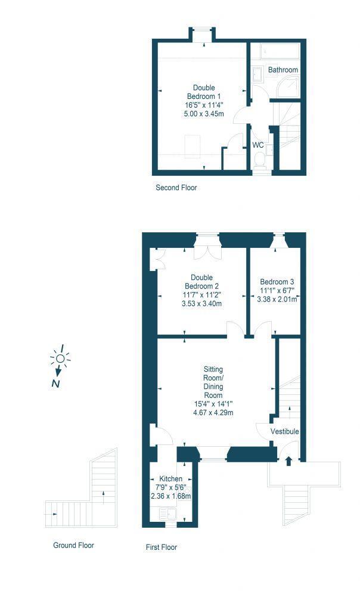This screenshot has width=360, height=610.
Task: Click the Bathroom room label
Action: click(x=283, y=70)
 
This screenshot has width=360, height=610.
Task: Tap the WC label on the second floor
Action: click(x=258, y=145)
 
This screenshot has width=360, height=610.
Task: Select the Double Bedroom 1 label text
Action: click(x=204, y=92)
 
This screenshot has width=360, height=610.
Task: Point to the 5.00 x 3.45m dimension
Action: click(x=204, y=114)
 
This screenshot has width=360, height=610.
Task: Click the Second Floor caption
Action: click(x=176, y=188)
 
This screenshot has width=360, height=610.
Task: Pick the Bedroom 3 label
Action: click(x=277, y=282)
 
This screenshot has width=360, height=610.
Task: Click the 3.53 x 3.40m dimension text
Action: click(x=201, y=303)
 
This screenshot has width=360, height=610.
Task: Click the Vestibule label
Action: click(x=284, y=431)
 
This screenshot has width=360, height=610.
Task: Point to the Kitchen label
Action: click(x=170, y=479)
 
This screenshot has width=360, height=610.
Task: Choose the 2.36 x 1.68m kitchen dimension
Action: click(x=170, y=496)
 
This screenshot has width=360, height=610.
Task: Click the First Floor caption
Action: click(x=162, y=547)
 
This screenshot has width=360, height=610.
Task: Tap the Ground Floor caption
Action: click(x=73, y=545)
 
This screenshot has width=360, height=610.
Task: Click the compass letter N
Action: click(x=55, y=384)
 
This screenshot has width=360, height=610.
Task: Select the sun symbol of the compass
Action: click(x=60, y=358)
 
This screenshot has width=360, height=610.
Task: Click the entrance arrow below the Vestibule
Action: click(x=289, y=460)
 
